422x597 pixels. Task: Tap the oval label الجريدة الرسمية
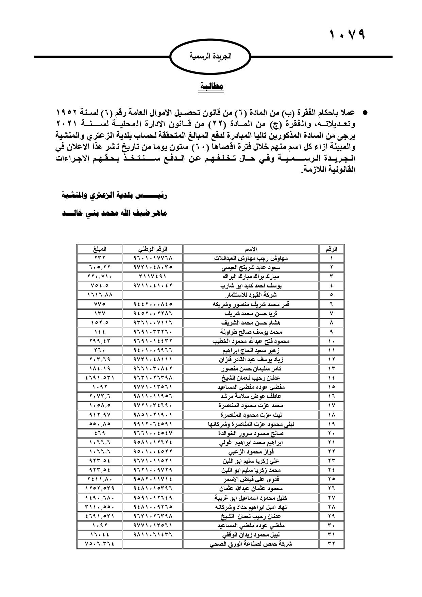[210, 56]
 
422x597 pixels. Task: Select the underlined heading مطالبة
[211, 87]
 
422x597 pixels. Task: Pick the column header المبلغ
[99, 249]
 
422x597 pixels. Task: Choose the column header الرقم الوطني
[153, 249]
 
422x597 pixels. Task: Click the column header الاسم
[251, 249]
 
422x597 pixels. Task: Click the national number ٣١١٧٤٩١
[153, 277]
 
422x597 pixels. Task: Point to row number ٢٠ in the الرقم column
[332, 433]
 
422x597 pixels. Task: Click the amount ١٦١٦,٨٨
[99, 295]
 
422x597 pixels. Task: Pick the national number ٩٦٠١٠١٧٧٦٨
[153, 258]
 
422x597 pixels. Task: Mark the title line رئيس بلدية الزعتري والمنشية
[115, 196]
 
